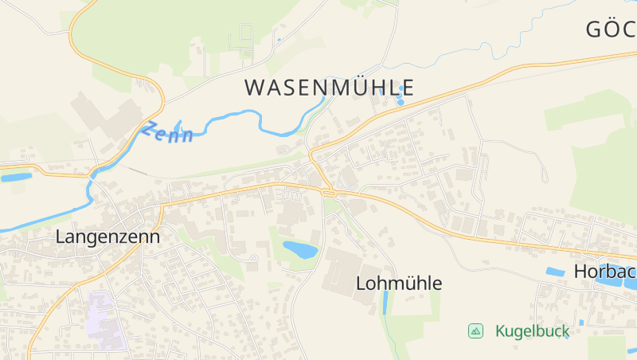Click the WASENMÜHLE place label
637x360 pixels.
coord(329,88)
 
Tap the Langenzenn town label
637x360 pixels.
coord(107,237)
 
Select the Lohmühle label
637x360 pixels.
coord(398,283)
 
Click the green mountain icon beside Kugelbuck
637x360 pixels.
coord(475,331)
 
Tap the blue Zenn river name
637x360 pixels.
coord(168,132)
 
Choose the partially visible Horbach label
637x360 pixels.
coord(605,272)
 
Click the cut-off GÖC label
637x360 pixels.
coord(612,29)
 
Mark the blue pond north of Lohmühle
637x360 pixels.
coord(300,249)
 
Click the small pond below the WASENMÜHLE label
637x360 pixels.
coord(400,101)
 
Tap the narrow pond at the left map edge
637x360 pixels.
coord(16,177)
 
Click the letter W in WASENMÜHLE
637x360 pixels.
coord(254,88)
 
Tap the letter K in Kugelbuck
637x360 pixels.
coord(500,331)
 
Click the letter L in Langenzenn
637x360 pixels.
coord(61,237)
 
